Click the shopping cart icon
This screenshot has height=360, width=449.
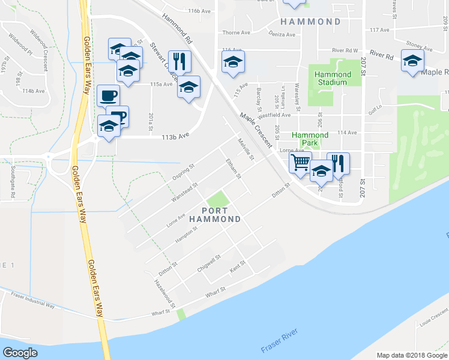300,162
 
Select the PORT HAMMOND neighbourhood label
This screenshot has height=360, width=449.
214,215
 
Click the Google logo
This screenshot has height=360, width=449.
20,353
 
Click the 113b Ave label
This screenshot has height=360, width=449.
175,136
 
